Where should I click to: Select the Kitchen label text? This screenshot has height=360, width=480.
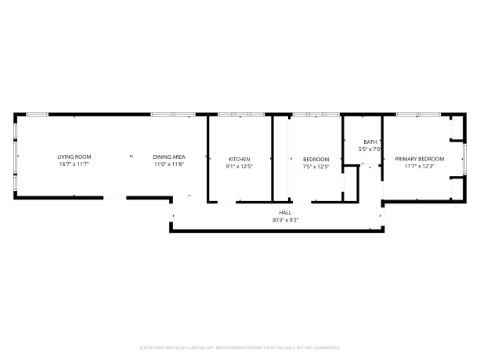pyautogui.click(x=239, y=159)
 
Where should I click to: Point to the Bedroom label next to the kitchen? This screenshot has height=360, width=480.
pyautogui.click(x=316, y=159)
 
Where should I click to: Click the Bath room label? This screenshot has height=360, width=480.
pyautogui.click(x=370, y=142)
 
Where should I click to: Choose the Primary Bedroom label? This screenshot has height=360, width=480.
pyautogui.click(x=419, y=159)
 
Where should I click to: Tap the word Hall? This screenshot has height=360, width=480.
pyautogui.click(x=285, y=214)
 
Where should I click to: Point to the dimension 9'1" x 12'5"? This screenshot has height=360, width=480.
pyautogui.click(x=239, y=166)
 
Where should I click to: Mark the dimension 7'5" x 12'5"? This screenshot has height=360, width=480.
pyautogui.click(x=316, y=166)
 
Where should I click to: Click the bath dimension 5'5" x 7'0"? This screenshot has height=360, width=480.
pyautogui.click(x=370, y=149)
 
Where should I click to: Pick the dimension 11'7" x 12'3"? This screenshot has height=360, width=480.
pyautogui.click(x=419, y=166)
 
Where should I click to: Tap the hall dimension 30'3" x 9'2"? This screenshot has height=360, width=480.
pyautogui.click(x=285, y=221)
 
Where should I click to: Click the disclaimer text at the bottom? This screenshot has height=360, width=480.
pyautogui.click(x=240, y=347)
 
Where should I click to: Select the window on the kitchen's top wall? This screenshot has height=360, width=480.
pyautogui.click(x=241, y=115)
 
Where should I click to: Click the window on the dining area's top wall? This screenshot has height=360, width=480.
pyautogui.click(x=172, y=115)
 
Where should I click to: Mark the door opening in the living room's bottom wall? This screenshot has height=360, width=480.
pyautogui.click(x=115, y=199)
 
